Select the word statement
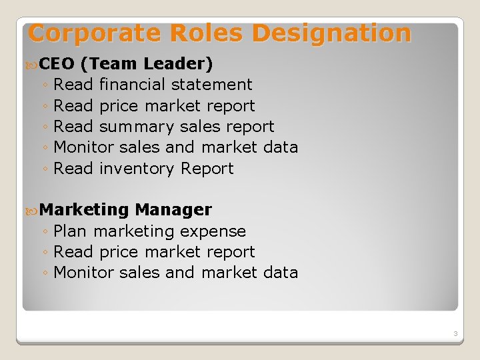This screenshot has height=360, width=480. pos(212,85)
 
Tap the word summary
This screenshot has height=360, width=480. pos(137,127)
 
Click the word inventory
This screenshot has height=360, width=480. pos(137,169)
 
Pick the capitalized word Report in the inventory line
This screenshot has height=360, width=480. pos(207,169)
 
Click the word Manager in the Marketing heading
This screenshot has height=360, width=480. pos(173,210)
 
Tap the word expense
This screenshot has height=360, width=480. pos(213,231)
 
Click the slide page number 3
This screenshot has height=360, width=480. pos(455,333)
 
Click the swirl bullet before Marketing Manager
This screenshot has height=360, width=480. pos(33,211)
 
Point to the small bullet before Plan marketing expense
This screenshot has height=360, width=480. pos(44,232)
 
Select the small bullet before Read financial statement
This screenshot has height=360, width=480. pos(44,85)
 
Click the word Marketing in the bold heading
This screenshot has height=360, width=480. pos(84,210)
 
